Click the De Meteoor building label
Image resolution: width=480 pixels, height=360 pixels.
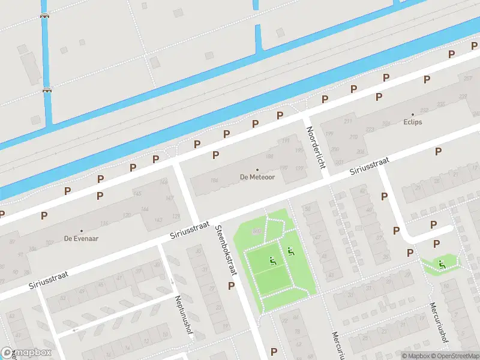[257, 177]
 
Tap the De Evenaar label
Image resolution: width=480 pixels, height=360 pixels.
[82, 238]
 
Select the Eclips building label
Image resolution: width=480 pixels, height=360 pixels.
[413, 122]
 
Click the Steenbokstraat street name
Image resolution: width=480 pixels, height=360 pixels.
[227, 250]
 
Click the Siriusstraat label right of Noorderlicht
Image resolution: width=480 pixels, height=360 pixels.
[370, 167]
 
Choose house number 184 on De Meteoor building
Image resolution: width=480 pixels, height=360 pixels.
[214, 180]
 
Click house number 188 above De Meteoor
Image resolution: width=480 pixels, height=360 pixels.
[270, 157]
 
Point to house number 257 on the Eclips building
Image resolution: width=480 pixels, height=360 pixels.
[467, 79]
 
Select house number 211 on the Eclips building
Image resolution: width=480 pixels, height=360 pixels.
[347, 122]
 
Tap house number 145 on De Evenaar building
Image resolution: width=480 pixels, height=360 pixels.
[137, 193]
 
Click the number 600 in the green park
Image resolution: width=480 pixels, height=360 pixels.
[257, 230]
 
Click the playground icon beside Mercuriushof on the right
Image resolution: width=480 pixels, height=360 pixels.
[442, 263]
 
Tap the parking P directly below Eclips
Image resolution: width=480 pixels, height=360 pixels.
[438, 151]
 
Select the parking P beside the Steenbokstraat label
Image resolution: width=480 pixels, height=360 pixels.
[231, 286]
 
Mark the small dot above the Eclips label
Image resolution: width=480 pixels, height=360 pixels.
[413, 114]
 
